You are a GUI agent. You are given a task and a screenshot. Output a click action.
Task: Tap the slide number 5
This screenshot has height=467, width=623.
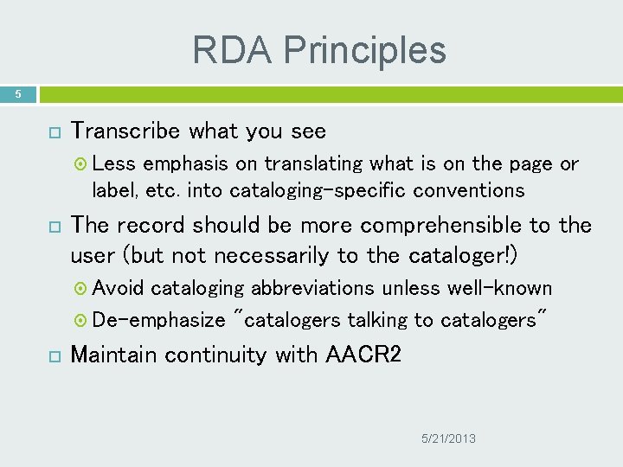click(17, 93)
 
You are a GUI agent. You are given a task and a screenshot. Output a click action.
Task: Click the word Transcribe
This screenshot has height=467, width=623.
click(126, 131)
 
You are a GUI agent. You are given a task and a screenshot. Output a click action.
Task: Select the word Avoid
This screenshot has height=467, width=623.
click(119, 288)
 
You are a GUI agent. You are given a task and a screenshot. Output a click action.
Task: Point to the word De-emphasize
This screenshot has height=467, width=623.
click(158, 320)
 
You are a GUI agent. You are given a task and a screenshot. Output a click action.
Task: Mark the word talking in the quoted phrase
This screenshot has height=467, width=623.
click(377, 320)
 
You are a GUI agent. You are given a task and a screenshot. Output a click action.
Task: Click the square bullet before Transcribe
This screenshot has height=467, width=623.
click(53, 132)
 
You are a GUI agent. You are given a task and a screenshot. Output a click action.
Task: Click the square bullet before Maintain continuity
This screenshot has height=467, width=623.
click(53, 355)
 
